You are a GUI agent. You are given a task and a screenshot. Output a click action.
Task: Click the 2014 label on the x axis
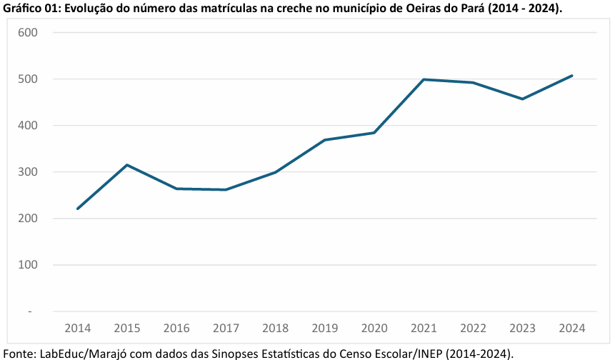pos(77,329)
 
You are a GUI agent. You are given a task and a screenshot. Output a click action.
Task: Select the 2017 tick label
pos(226,329)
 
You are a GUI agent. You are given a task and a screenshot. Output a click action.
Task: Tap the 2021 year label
pos(424,329)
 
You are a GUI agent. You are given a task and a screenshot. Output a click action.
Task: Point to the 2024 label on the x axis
pos(572,329)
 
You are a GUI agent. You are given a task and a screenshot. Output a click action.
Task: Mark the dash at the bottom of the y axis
pos(30,311)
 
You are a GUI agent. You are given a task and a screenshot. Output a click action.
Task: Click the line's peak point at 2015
pos(126,165)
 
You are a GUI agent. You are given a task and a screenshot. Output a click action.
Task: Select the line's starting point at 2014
pos(77,209)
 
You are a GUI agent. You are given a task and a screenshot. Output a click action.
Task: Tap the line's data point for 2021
pos(424,79)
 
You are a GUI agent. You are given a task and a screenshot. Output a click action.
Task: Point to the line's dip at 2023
pos(523,99)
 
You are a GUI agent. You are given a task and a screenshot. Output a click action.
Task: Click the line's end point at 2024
pos(572,76)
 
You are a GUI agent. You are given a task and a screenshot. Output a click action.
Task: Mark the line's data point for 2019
pos(325,140)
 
